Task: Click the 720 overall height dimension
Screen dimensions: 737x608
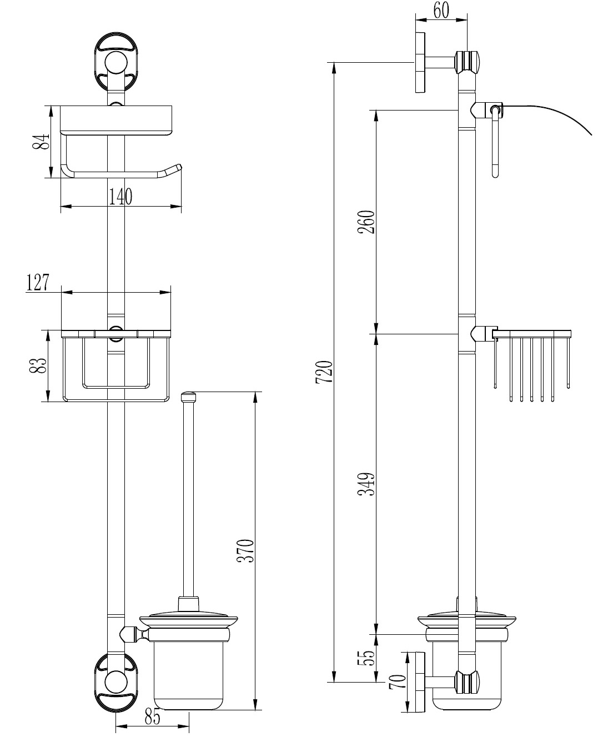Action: tap(324, 372)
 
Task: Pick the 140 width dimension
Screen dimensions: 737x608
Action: tap(121, 197)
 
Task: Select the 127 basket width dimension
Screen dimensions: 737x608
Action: tap(38, 282)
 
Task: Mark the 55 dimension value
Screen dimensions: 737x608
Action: tap(368, 659)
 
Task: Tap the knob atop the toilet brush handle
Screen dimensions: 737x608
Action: tap(189, 398)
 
